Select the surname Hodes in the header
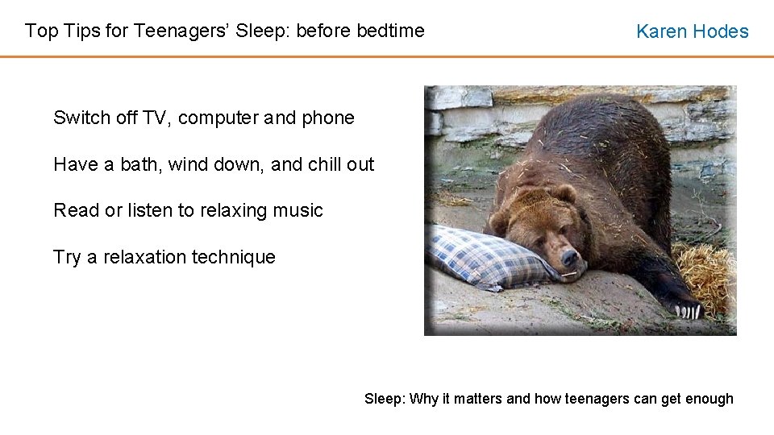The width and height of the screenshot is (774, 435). click(722, 31)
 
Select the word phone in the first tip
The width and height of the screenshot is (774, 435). click(328, 118)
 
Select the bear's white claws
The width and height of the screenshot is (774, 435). click(688, 309)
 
